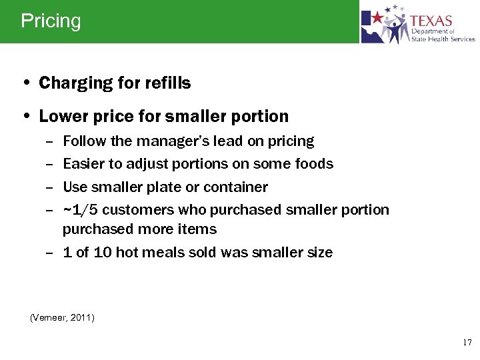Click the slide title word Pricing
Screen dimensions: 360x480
[51, 21]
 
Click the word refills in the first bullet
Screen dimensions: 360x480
[167, 83]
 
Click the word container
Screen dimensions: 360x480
[235, 187]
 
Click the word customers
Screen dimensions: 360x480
[138, 210]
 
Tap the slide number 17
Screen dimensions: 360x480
[467, 343]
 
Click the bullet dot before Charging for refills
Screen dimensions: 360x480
[25, 84]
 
